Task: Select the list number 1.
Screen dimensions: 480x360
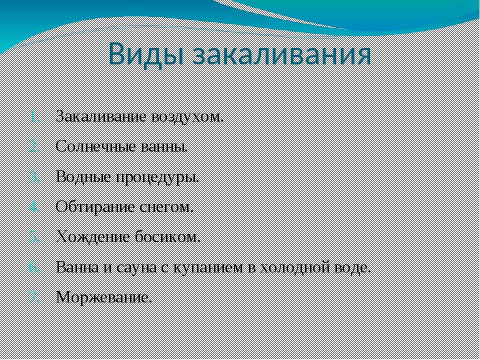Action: pos(35,117)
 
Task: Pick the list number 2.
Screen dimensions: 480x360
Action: pos(34,147)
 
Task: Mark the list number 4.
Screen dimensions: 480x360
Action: pos(34,208)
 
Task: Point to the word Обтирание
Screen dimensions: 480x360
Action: pos(95,207)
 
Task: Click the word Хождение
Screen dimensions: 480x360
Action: pos(93,237)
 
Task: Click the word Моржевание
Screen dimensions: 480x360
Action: pos(104,297)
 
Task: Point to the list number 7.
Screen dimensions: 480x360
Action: pos(34,297)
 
